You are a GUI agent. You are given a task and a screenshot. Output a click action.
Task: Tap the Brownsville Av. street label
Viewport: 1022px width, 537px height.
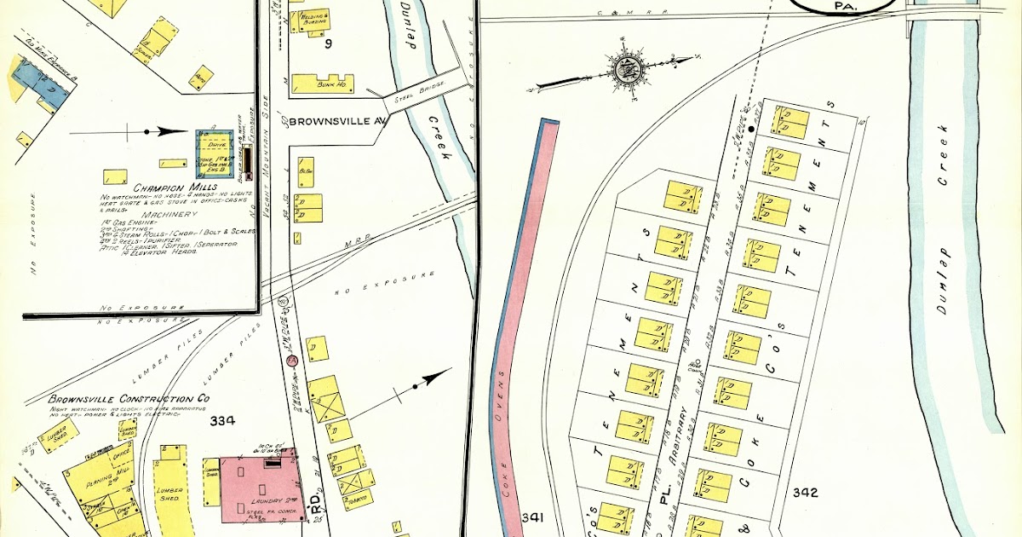click(337, 121)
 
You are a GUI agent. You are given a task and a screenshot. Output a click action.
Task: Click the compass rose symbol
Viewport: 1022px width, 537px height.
click(628, 71)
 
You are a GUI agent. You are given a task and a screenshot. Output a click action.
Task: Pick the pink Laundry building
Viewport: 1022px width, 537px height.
click(258, 488)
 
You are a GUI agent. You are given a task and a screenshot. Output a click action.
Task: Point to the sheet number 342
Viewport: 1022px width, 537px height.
click(805, 492)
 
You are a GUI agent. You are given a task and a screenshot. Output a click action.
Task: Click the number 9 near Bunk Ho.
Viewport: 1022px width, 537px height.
click(326, 43)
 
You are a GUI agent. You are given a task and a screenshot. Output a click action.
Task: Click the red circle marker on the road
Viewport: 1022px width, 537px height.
click(291, 361)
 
